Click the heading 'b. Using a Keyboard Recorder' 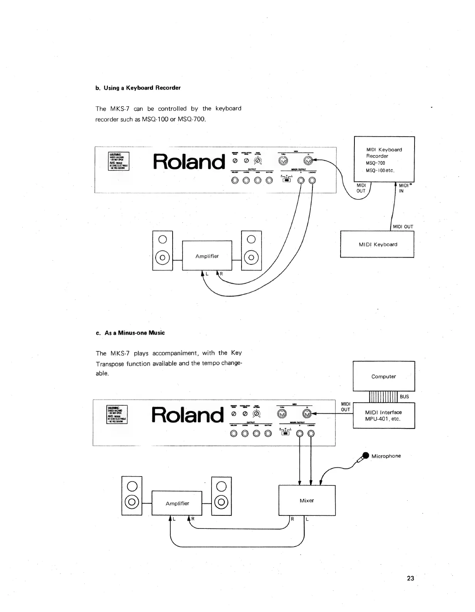(x=138, y=88)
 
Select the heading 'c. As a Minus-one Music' (x=130, y=333)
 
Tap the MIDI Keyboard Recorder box (x=384, y=159)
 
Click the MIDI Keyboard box (x=377, y=244)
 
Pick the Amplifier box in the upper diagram (x=207, y=256)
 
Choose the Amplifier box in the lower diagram (x=177, y=503)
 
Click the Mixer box (x=307, y=500)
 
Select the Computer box (x=384, y=376)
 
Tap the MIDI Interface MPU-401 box (x=384, y=415)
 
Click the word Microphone (x=386, y=456)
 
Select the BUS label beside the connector (x=404, y=397)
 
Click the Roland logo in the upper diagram (x=189, y=162)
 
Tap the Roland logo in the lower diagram (x=188, y=415)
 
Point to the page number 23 (x=410, y=578)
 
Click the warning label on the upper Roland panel (x=119, y=161)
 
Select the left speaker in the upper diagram (x=163, y=251)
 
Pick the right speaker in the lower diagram (x=222, y=496)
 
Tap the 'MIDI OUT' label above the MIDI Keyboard (x=403, y=227)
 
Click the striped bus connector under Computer (x=383, y=397)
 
